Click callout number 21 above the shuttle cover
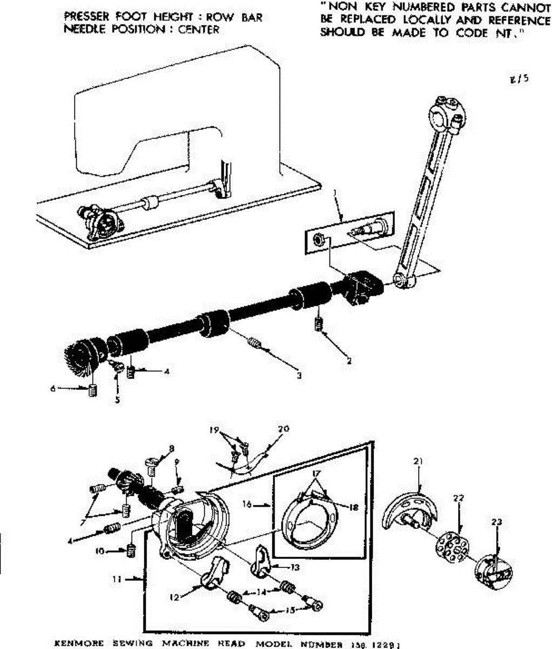(418, 461)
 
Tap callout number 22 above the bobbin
(459, 498)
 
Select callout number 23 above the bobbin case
(497, 522)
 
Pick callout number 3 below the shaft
(299, 375)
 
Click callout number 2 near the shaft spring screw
(349, 361)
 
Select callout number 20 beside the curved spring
(284, 429)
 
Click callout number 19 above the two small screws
(215, 431)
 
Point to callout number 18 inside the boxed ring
(354, 508)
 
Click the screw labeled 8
(151, 463)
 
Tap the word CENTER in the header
(198, 29)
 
